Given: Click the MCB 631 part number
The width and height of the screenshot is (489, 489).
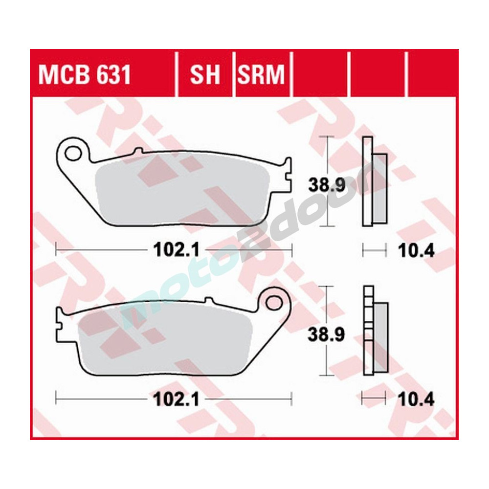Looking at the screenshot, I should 85,75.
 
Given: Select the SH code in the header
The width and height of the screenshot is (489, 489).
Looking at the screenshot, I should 205,75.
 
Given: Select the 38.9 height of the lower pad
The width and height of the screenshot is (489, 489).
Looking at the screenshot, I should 320,334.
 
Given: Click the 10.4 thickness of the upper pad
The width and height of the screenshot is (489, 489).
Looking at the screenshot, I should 416,251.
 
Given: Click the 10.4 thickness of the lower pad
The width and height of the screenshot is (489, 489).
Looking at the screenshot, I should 416,400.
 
